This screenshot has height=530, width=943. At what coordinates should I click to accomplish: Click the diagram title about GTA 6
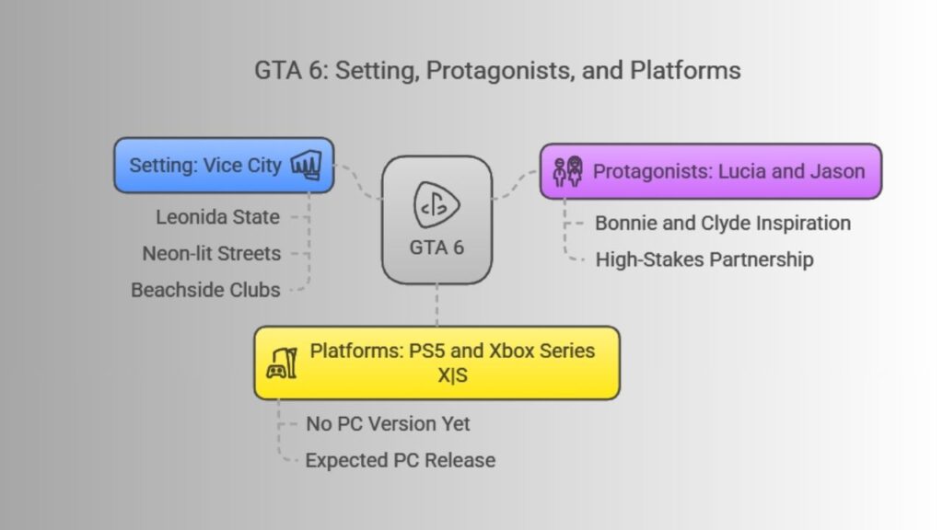(x=497, y=70)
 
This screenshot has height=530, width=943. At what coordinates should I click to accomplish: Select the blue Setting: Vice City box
(x=224, y=166)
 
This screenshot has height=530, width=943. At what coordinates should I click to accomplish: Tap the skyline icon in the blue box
(x=306, y=165)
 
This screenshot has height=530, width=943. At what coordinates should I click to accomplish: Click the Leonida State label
(x=217, y=217)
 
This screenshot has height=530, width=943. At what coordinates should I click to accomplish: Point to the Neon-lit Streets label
(x=211, y=254)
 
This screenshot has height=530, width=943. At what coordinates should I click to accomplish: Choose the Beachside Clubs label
(x=205, y=290)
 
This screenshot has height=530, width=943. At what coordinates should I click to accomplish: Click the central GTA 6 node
(x=437, y=220)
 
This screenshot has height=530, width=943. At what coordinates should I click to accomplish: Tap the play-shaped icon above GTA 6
(x=437, y=205)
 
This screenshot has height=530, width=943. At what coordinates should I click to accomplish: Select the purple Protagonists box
(x=711, y=171)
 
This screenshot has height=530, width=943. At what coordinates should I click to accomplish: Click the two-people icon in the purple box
(x=567, y=171)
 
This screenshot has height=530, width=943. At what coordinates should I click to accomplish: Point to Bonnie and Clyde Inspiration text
(x=723, y=223)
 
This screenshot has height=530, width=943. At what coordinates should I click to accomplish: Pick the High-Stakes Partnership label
(x=704, y=259)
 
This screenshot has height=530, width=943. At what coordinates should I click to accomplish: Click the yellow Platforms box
(x=437, y=363)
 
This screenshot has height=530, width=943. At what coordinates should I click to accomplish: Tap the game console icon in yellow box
(x=282, y=363)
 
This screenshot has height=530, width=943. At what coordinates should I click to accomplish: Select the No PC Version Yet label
(x=388, y=423)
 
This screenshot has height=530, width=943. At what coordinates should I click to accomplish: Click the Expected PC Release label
(x=401, y=460)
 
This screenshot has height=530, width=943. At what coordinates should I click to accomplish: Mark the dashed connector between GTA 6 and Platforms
(x=437, y=305)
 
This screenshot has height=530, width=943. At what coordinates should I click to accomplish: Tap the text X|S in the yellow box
(x=452, y=375)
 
